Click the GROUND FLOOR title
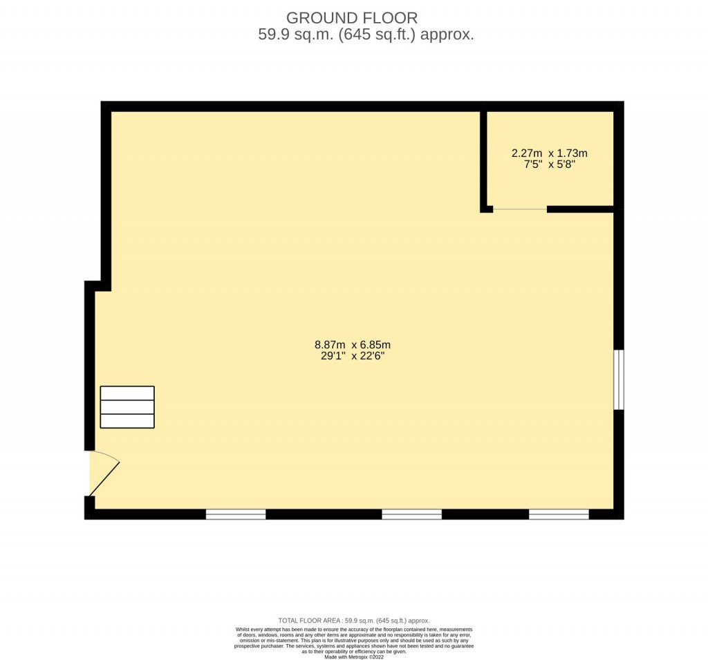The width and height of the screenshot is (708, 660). tap(352, 18)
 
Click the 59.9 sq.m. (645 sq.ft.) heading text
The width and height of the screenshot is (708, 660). tap(366, 35)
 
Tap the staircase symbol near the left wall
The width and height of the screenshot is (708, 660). tap(127, 407)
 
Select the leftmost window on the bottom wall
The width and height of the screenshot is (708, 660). tap(236, 514)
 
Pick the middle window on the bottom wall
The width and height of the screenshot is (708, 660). tap(412, 514)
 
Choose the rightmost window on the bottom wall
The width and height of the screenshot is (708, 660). tap(559, 514)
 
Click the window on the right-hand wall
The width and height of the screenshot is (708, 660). tap(619, 379)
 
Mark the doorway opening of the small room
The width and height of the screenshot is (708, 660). tap(520, 209)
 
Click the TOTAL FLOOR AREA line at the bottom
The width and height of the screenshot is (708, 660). tap(353, 621)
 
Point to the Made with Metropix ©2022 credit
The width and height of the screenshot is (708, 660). tap(353, 657)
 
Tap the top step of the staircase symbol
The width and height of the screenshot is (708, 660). tap(127, 393)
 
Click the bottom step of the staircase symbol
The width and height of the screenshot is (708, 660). tap(127, 421)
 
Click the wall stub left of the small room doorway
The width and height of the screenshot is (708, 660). tap(487, 209)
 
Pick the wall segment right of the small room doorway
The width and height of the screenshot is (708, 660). tap(580, 209)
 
